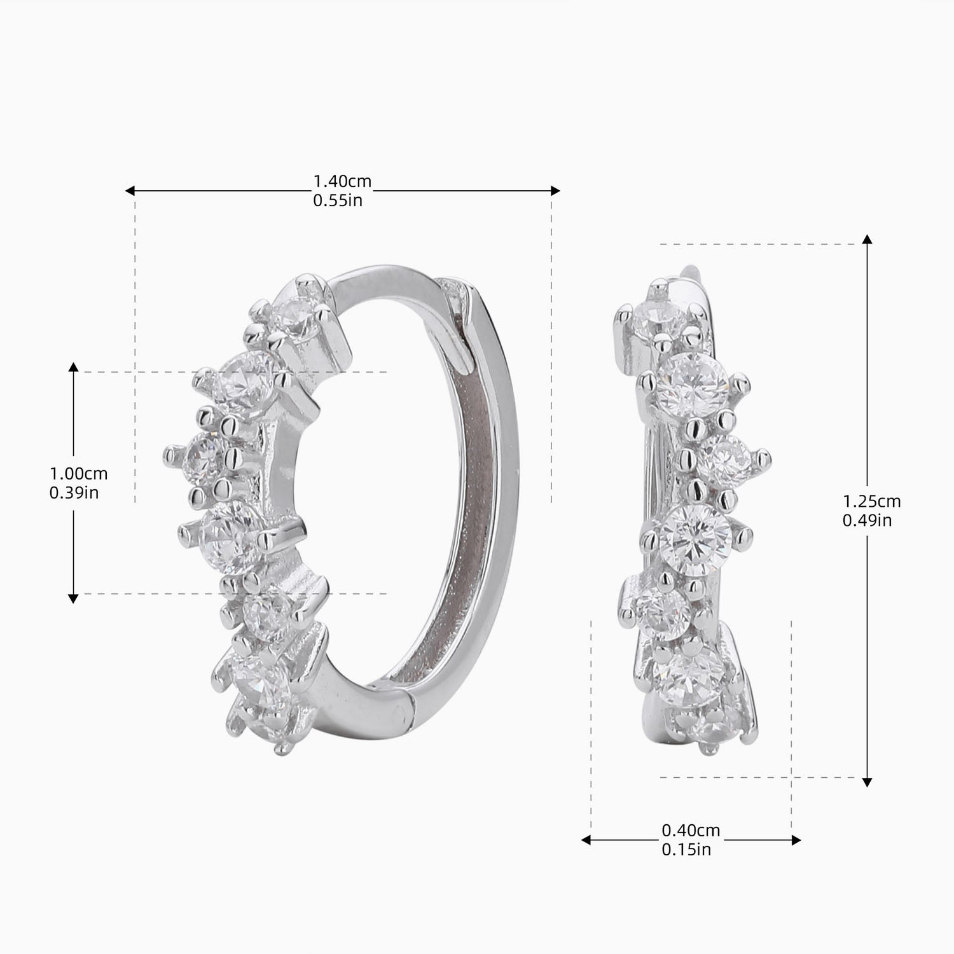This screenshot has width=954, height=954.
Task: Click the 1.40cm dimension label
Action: pos(342,182)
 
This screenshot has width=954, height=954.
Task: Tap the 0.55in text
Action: pos(338,201)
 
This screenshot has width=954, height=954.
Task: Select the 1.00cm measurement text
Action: pos(79,474)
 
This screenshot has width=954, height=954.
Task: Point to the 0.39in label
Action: pos(74,493)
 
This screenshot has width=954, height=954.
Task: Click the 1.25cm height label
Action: pos(872,501)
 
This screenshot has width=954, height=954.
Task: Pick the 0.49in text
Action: pos(868,520)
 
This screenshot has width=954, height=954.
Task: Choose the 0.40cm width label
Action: pos(691,831)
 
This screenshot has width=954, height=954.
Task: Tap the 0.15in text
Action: pos(686,850)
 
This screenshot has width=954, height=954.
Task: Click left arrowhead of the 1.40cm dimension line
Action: pos(130,191)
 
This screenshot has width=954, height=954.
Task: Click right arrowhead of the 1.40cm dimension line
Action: pos(556,191)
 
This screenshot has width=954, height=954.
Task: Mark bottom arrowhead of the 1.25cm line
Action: pos(867,782)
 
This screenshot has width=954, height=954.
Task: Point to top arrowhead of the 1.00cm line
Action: pos(73,367)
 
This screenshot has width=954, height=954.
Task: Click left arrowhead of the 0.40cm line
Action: pos(586,840)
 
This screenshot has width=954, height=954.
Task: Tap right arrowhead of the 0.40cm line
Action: pos(796,840)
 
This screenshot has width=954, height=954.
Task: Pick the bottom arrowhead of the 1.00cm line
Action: pos(73,598)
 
